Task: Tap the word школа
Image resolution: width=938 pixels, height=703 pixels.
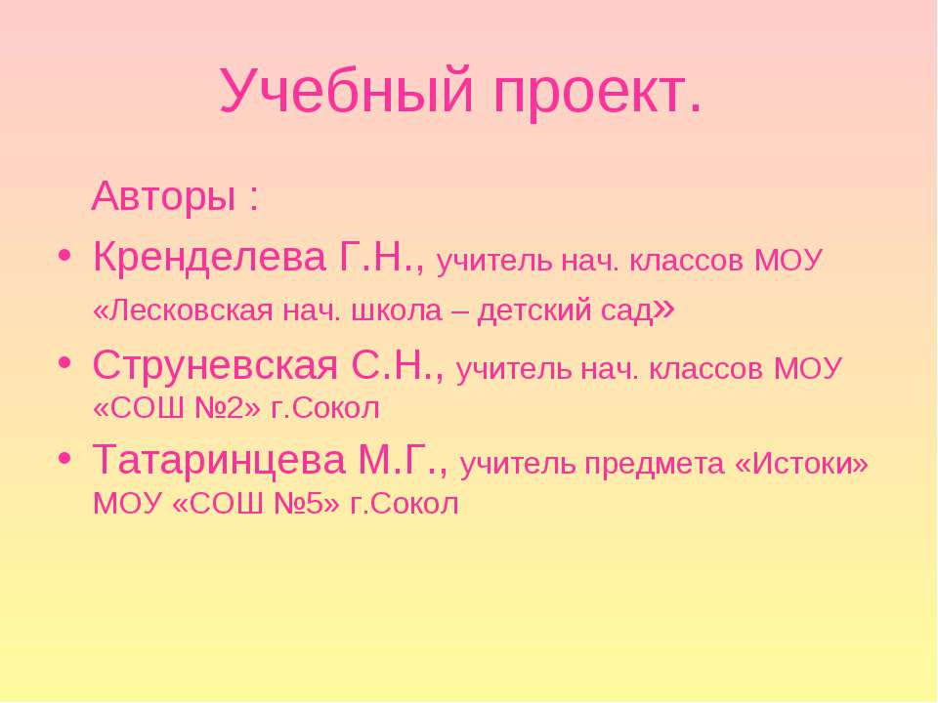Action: pyautogui.click(x=396, y=311)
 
